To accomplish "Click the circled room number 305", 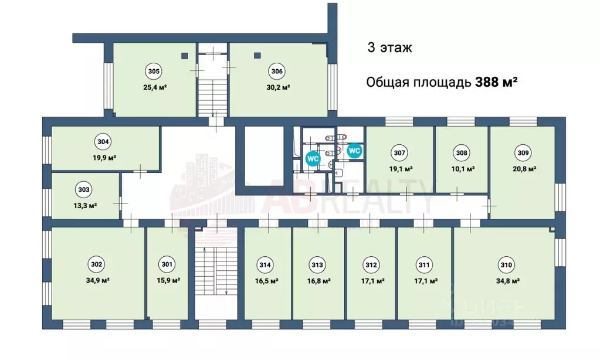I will coord(154,72).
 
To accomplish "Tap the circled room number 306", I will coord(277,72).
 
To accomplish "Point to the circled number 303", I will coord(84,189).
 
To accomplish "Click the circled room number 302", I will coord(97,264).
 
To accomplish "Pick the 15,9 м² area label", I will coord(167,280).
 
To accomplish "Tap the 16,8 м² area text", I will coord(317,280).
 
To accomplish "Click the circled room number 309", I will coord(524,153).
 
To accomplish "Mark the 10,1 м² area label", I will coord(462,169).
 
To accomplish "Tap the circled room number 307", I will coord(399,153).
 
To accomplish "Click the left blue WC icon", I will coord(313,158).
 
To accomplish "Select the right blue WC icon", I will coord(354,150).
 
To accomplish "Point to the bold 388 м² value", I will coord(495,82).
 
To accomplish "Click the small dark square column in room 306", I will coord(257,56).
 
